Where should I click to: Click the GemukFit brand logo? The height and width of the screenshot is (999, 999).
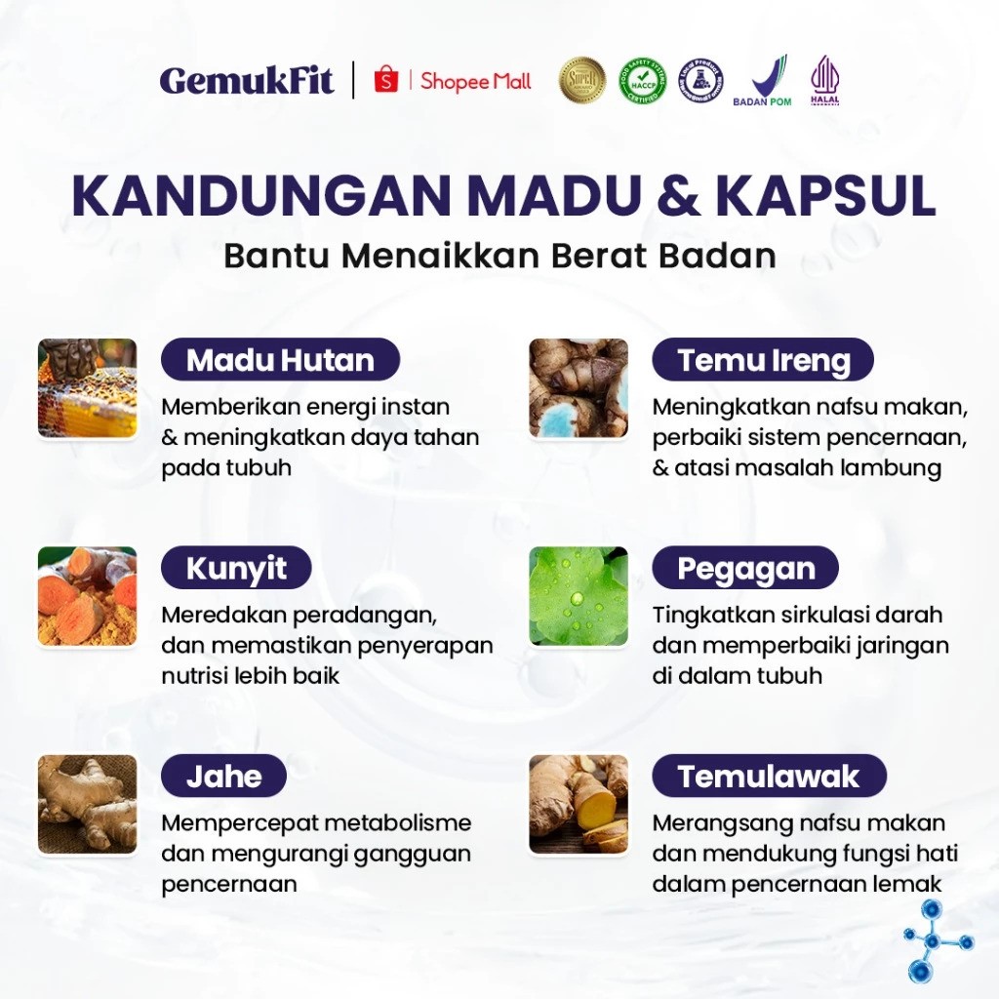pyautogui.click(x=247, y=80)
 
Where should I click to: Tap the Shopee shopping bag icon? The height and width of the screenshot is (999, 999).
pyautogui.click(x=386, y=80)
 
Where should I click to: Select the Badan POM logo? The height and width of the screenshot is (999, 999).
pyautogui.click(x=762, y=80)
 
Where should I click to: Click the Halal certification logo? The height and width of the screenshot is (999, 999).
pyautogui.click(x=824, y=80)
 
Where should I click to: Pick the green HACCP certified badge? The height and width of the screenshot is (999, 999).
pyautogui.click(x=641, y=80)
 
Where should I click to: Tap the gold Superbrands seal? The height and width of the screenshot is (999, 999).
pyautogui.click(x=582, y=80)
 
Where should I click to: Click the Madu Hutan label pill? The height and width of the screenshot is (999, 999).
pyautogui.click(x=280, y=360)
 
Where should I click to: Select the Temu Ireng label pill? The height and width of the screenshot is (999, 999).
pyautogui.click(x=763, y=360)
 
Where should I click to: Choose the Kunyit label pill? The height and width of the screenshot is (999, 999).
pyautogui.click(x=236, y=568)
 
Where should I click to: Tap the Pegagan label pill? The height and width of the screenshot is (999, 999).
pyautogui.click(x=746, y=568)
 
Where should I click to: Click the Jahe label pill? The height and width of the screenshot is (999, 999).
pyautogui.click(x=223, y=777)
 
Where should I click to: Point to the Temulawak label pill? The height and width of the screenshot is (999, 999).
pyautogui.click(x=769, y=777)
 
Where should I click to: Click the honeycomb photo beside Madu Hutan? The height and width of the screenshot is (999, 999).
pyautogui.click(x=87, y=388)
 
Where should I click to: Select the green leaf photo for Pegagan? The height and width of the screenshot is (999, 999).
pyautogui.click(x=579, y=596)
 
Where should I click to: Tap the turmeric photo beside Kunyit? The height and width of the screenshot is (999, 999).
pyautogui.click(x=87, y=596)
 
